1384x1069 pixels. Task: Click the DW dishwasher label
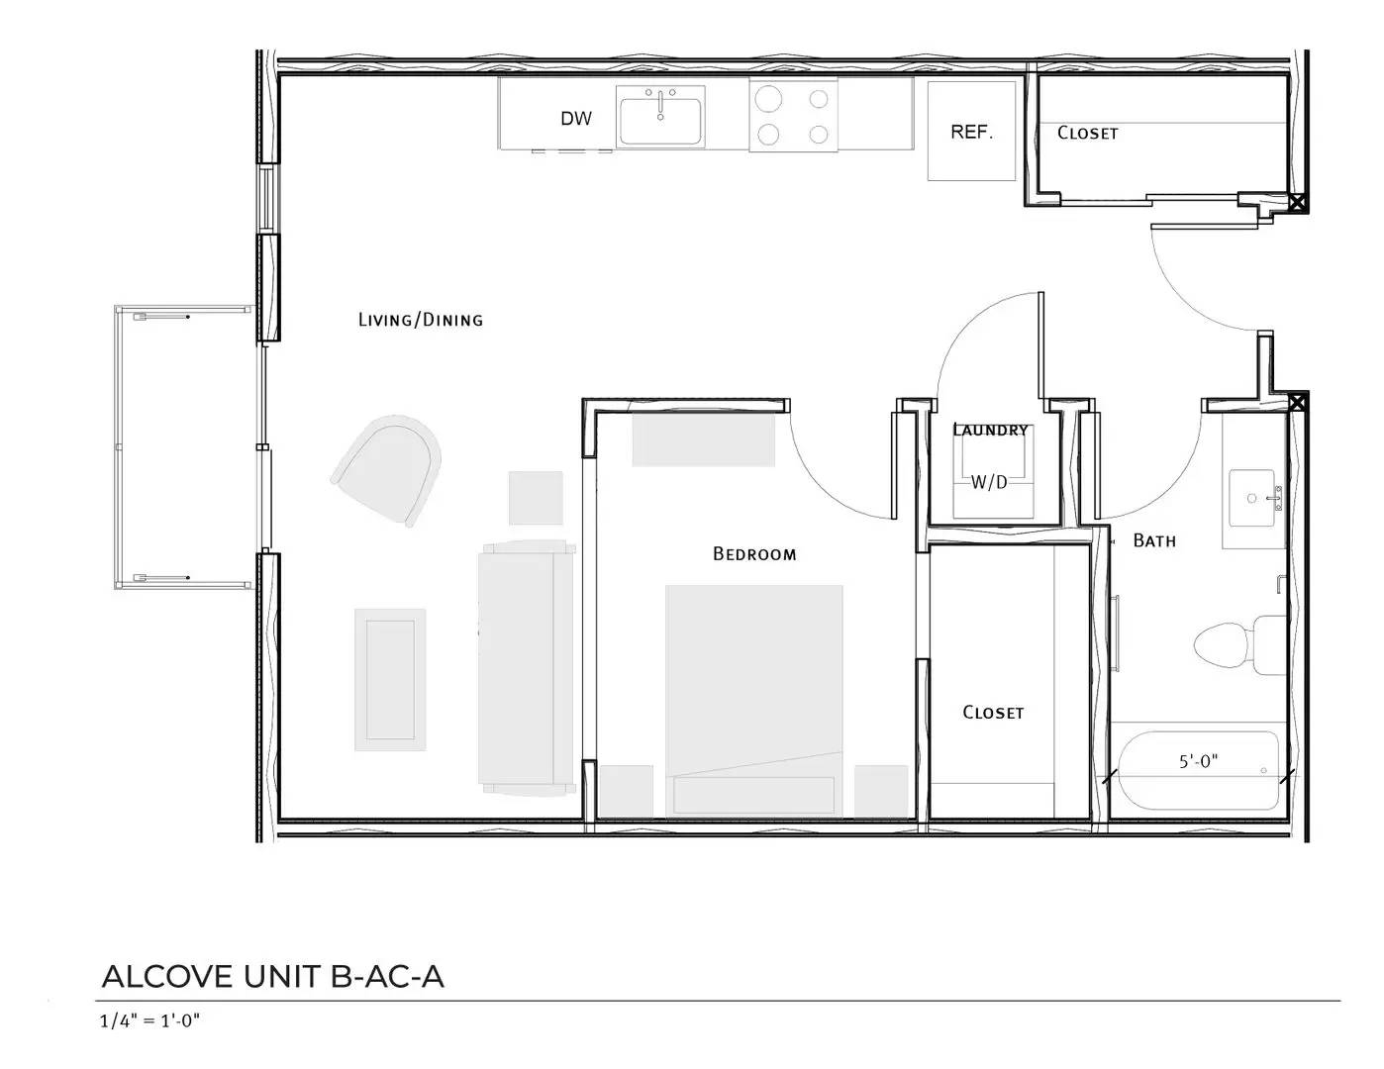(576, 119)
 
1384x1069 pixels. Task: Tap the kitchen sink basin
(660, 121)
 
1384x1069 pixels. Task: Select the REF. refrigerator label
(971, 132)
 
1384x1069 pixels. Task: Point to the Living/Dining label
(421, 319)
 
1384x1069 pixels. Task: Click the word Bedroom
(754, 554)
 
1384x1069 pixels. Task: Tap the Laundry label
(990, 431)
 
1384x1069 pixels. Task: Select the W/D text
(989, 483)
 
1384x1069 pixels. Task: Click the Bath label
(1154, 540)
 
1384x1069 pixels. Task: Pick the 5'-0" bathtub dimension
(1199, 761)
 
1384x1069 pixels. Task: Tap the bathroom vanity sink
(1252, 499)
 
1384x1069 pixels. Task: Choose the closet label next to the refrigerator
(1087, 133)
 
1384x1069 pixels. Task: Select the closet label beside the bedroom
(993, 712)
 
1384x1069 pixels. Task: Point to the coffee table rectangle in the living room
(390, 680)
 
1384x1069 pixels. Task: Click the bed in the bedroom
(754, 701)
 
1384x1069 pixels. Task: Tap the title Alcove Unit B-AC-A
(272, 977)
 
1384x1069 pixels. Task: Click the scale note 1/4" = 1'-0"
(149, 1020)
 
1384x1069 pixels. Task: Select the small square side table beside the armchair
(536, 498)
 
